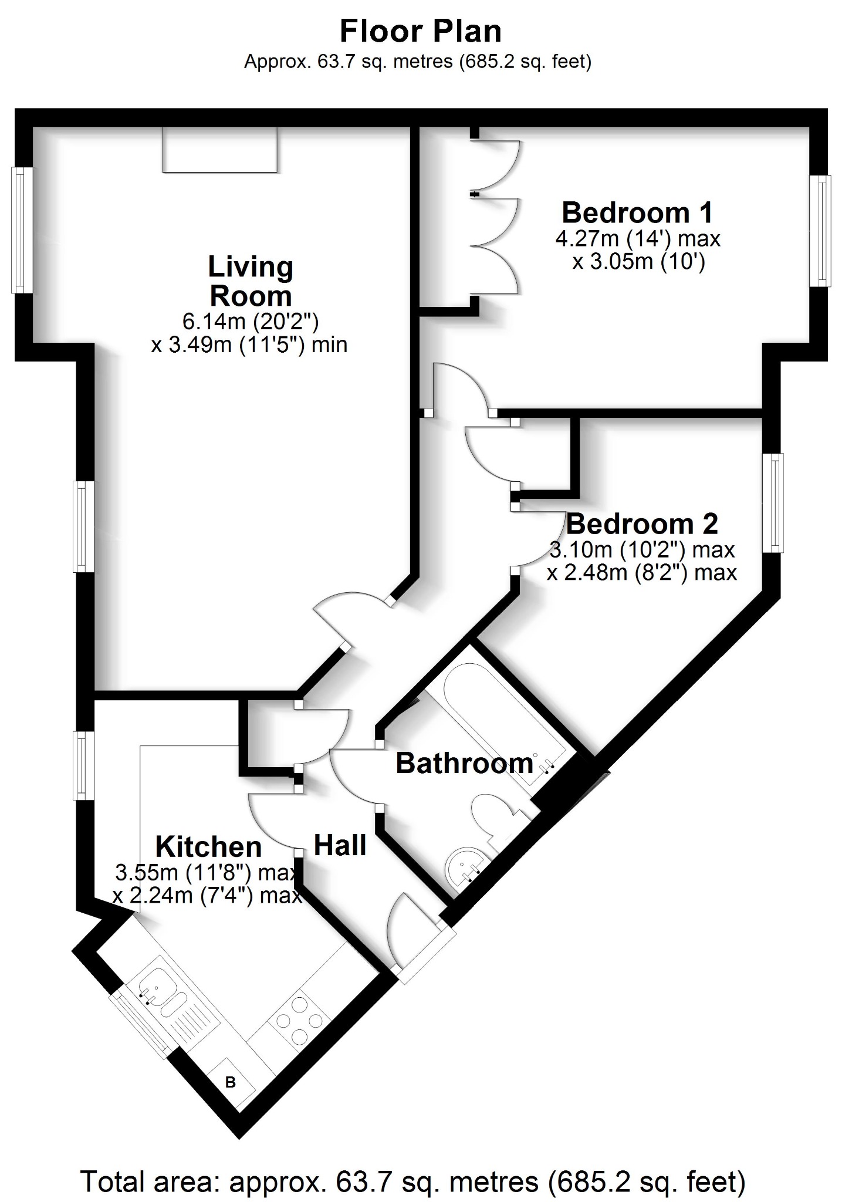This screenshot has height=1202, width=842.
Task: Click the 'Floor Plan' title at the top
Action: click(421, 32)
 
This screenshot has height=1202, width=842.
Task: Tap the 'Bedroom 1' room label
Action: click(637, 212)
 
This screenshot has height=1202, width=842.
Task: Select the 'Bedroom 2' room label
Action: click(642, 524)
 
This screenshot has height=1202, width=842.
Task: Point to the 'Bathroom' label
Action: click(464, 763)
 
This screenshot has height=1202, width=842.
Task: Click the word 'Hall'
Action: click(340, 845)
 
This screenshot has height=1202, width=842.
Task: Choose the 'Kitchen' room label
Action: click(208, 847)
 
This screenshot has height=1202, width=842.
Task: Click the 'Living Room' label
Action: click(251, 281)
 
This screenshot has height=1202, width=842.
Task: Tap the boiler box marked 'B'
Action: click(231, 1082)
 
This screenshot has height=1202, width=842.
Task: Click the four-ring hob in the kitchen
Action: click(299, 1020)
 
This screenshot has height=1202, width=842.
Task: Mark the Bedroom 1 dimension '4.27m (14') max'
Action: click(638, 239)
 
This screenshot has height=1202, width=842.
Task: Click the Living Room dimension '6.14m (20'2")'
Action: click(251, 321)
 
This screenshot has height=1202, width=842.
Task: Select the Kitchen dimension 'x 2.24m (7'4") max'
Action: click(207, 896)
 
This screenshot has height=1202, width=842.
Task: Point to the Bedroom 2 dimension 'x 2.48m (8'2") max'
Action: click(642, 572)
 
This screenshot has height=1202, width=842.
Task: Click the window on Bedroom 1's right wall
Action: click(820, 231)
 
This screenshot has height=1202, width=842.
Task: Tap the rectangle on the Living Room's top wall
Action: click(220, 150)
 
